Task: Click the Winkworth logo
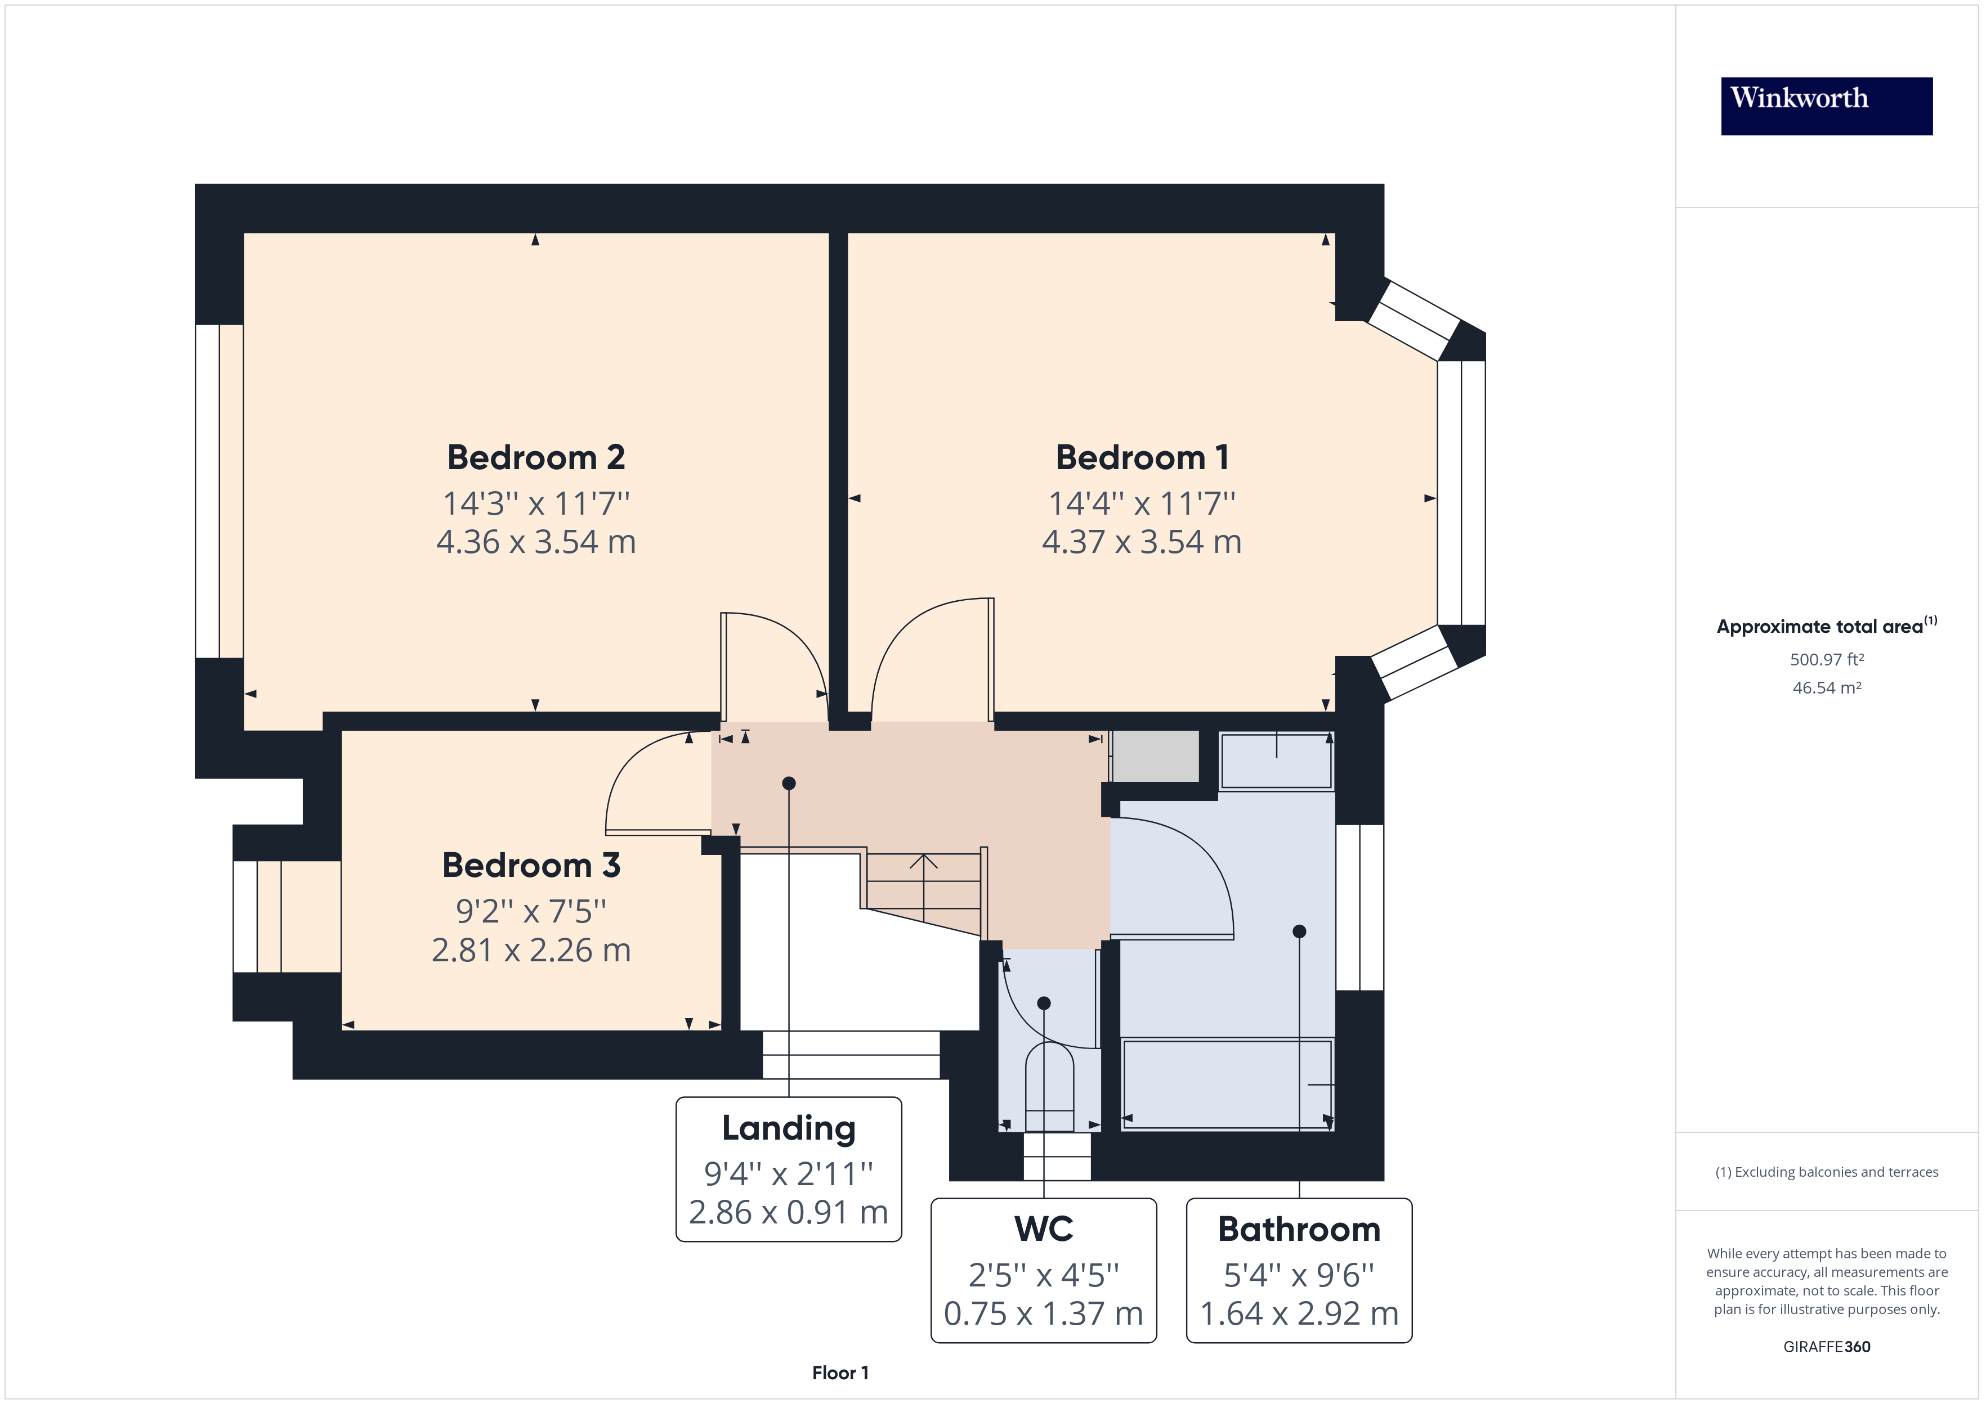(1826, 106)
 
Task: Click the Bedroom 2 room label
(535, 457)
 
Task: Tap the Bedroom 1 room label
(1142, 457)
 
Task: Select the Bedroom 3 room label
(531, 865)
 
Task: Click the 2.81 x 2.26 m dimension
(531, 950)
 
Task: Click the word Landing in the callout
(788, 1128)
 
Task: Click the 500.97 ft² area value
(1826, 660)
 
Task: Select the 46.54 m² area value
(1826, 688)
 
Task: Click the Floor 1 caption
(840, 1373)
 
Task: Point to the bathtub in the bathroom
(1227, 1084)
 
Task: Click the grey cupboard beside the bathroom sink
(1155, 755)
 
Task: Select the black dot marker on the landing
(789, 783)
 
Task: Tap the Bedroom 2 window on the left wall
(208, 491)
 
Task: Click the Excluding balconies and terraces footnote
(1826, 1172)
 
